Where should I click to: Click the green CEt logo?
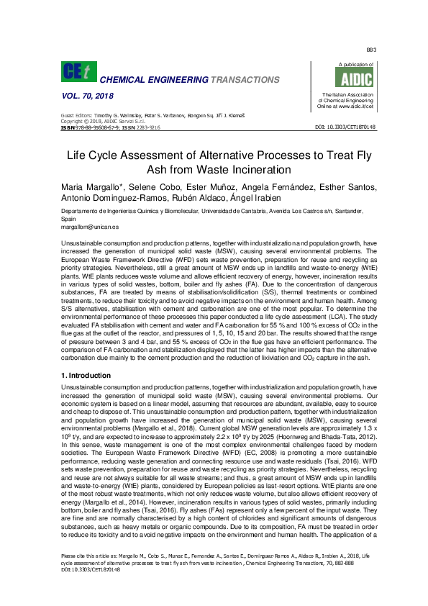click(78, 71)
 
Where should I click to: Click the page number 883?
click(372, 50)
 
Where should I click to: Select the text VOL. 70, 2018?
click(88, 95)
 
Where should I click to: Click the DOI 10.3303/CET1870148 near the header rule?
click(346, 127)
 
